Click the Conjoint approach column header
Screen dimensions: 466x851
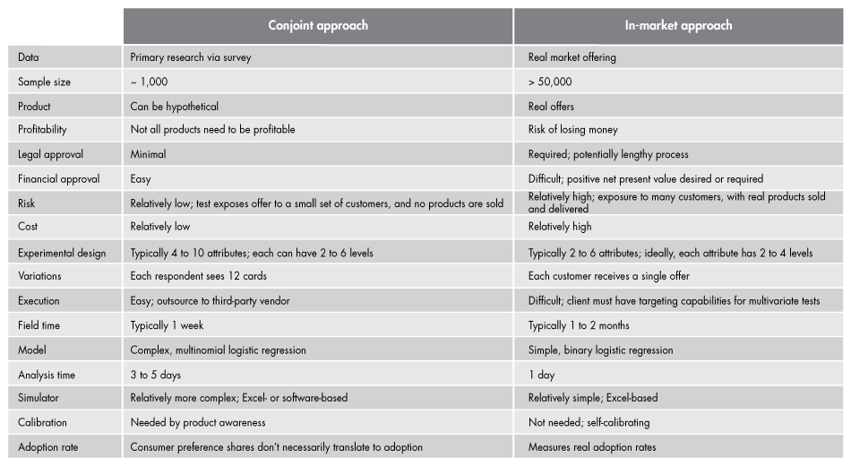[318, 25]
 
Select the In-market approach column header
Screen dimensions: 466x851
[678, 25]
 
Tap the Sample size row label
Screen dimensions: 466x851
[44, 82]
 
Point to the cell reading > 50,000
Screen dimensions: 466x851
[550, 82]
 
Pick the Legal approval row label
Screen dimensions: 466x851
[50, 154]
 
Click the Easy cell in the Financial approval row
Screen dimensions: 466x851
[141, 179]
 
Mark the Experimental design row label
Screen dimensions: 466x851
[62, 253]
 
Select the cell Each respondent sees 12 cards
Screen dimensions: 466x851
[199, 277]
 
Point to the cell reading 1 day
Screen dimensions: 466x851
[541, 375]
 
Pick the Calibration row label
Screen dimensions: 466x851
[42, 422]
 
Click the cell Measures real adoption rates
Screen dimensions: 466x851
[592, 446]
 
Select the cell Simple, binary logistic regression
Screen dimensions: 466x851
[600, 349]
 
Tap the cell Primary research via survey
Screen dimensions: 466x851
[191, 57]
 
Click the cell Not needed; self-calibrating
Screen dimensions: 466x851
[589, 422]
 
